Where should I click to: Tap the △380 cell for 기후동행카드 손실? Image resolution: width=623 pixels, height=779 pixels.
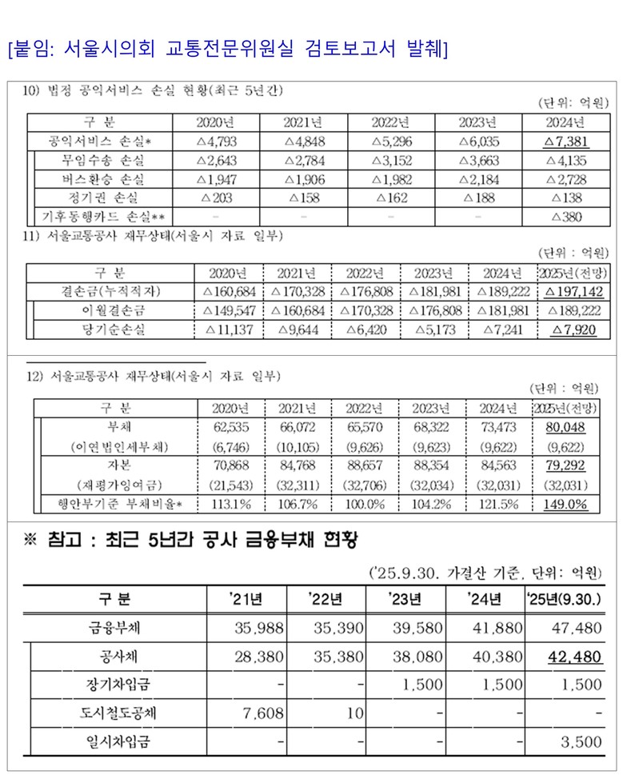click(566, 216)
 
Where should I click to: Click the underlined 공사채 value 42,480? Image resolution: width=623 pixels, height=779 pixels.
click(574, 657)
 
